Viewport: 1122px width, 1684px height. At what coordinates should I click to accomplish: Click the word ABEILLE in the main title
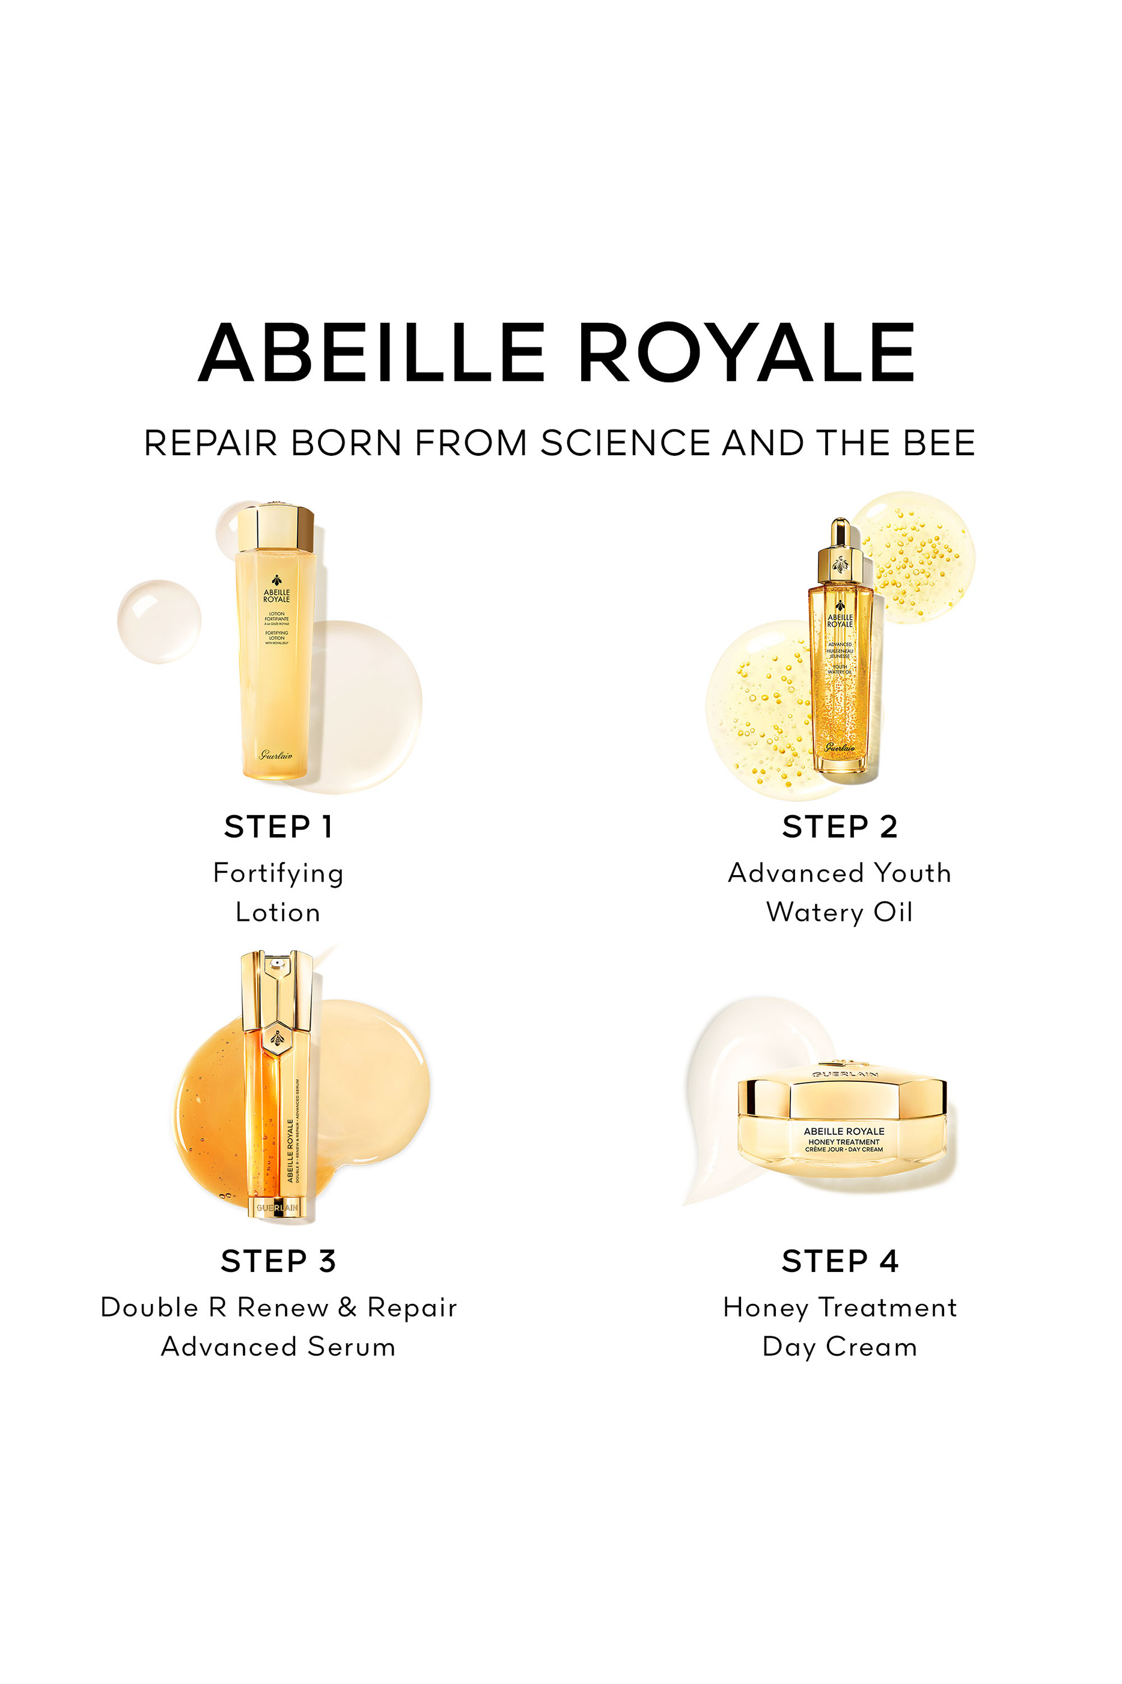tap(372, 352)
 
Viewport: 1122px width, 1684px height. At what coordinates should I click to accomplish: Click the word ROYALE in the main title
tap(746, 352)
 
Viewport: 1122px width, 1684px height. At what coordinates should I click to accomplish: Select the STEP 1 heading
tap(278, 827)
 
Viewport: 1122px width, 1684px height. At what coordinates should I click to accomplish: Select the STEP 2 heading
tap(840, 827)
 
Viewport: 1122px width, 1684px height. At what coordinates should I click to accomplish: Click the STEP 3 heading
tap(278, 1261)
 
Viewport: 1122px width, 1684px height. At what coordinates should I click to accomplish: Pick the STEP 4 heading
tap(840, 1261)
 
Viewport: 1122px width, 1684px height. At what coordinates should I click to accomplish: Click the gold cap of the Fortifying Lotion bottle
tap(275, 529)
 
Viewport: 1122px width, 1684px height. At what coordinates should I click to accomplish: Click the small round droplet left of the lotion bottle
tap(159, 621)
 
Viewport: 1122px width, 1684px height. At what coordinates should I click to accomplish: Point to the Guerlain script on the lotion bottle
tap(275, 755)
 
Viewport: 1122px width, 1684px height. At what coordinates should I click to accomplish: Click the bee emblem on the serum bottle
tap(277, 1038)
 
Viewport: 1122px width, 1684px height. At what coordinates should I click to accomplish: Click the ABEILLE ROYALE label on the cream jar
tap(844, 1131)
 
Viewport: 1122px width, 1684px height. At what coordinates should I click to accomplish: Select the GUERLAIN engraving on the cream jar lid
tap(844, 1075)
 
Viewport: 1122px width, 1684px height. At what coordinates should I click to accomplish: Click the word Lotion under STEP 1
tap(278, 913)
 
